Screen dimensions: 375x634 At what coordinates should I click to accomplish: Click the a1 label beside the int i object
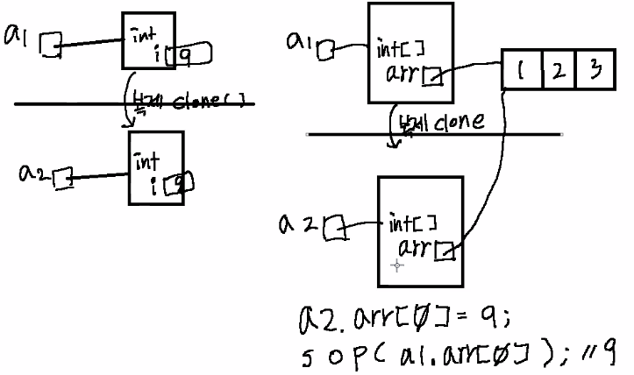click(x=18, y=37)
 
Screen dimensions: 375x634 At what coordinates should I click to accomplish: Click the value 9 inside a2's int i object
click(x=179, y=183)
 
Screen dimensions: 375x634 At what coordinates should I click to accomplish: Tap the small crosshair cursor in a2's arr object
click(x=397, y=265)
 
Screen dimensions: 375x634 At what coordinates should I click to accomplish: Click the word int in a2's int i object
click(x=146, y=160)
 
